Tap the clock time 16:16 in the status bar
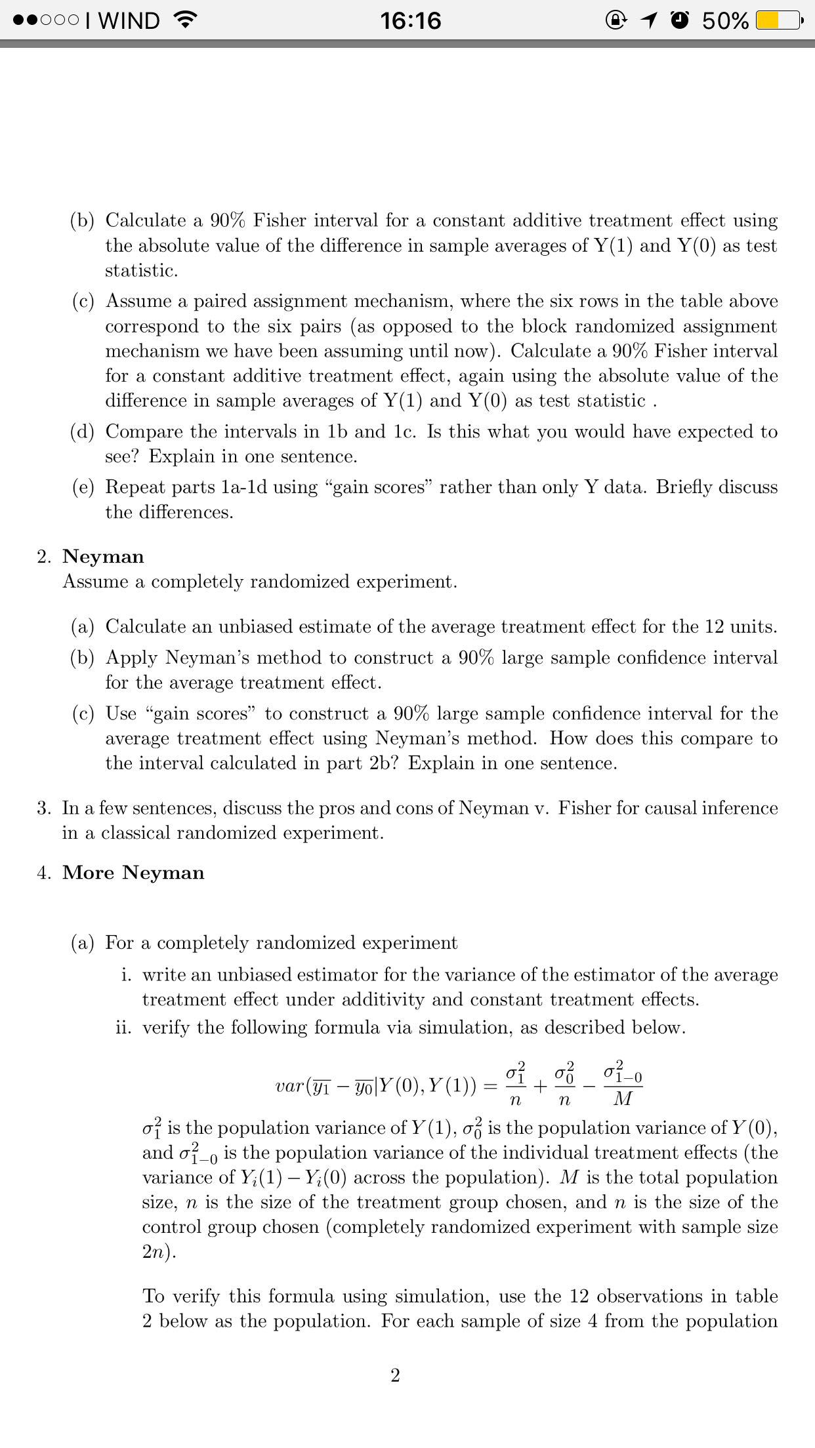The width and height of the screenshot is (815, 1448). click(411, 21)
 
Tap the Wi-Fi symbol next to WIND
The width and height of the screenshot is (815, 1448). click(186, 21)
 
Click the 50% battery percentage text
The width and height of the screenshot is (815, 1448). click(725, 21)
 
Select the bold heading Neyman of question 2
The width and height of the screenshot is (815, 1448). click(103, 557)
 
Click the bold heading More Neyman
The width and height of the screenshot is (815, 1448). click(133, 873)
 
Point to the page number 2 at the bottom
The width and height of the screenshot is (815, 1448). click(395, 1375)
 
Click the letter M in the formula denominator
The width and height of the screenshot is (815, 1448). click(622, 1098)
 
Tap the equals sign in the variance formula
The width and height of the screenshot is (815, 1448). click(491, 1086)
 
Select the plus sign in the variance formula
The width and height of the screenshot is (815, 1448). click(539, 1086)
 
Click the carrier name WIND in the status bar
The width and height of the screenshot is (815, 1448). click(129, 21)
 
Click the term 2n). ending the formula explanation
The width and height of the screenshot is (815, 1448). click(159, 1252)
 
